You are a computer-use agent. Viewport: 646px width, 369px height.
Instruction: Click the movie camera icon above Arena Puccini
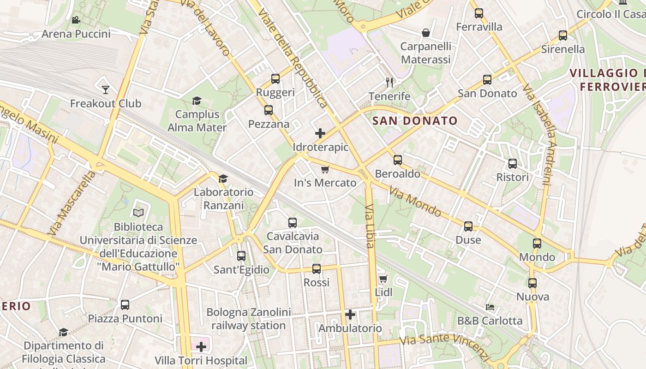point(76,20)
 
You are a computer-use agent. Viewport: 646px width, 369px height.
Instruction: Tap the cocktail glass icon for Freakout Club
point(106,89)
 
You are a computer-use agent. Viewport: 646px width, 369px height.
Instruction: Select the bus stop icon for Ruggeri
point(275,79)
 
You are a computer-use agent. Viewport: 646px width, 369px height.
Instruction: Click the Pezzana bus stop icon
point(269,110)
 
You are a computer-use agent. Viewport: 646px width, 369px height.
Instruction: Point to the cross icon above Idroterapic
point(320,134)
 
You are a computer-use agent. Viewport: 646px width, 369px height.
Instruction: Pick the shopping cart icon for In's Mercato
point(325,169)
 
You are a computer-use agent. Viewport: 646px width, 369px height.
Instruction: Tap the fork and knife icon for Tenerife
point(389,83)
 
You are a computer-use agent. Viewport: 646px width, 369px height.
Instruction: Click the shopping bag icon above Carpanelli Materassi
point(426,33)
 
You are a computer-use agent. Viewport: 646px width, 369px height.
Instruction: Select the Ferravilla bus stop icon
point(479,13)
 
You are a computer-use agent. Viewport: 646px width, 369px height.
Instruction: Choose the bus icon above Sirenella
point(563,36)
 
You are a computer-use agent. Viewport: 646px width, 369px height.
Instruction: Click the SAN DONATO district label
point(415,121)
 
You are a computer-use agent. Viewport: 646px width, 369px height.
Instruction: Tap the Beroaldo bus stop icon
point(398,160)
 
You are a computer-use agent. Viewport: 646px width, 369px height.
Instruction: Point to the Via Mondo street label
point(415,201)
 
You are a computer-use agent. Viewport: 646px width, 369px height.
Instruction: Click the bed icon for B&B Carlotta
point(490,307)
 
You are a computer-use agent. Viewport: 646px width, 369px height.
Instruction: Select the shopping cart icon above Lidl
point(383,279)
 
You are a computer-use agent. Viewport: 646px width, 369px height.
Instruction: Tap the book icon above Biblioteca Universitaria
point(138,213)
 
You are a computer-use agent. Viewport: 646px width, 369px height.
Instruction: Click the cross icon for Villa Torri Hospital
point(201,346)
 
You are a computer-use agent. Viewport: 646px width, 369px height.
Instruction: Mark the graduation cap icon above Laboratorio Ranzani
point(223,179)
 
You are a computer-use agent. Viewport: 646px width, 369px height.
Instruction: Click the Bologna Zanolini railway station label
point(249,319)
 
